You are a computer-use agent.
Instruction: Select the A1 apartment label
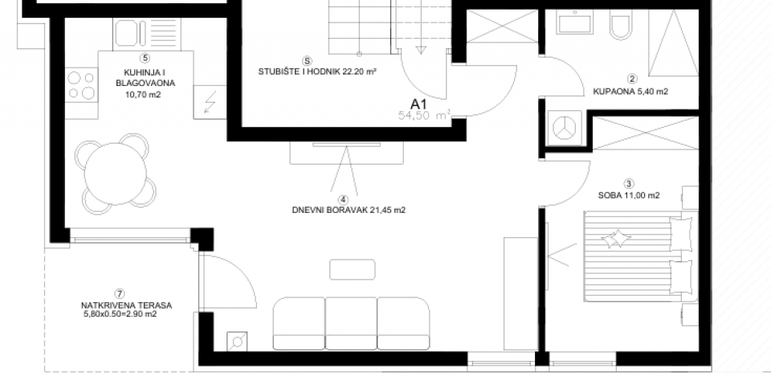click(418, 103)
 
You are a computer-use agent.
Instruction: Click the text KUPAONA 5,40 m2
click(630, 92)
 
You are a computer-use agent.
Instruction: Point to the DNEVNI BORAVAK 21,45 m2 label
click(342, 212)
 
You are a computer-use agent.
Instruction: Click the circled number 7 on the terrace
click(120, 293)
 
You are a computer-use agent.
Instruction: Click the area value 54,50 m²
click(424, 115)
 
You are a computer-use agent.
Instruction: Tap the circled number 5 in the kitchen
click(145, 58)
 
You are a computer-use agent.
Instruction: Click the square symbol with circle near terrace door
click(239, 342)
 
